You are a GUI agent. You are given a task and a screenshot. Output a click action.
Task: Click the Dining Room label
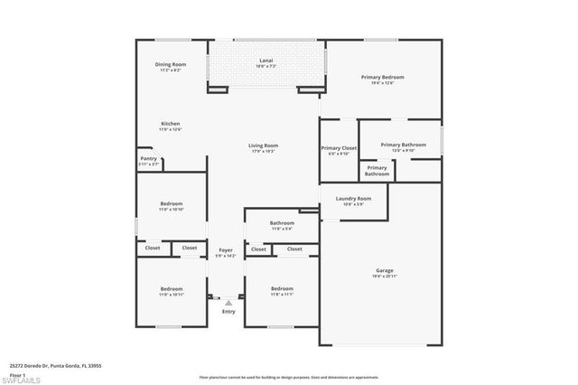pyautogui.click(x=171, y=64)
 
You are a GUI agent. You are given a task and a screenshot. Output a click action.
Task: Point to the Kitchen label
pyautogui.click(x=171, y=123)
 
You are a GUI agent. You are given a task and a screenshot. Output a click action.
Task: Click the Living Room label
pyautogui.click(x=264, y=146)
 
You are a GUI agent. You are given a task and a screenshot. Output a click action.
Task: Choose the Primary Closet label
pyautogui.click(x=339, y=147)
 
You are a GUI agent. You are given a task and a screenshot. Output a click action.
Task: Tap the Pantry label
pyautogui.click(x=148, y=158)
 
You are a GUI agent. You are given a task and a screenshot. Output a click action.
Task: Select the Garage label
pyautogui.click(x=385, y=270)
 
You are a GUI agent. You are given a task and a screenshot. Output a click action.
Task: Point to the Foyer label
pyautogui.click(x=226, y=249)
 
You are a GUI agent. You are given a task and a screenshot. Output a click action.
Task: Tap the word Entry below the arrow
pyautogui.click(x=228, y=312)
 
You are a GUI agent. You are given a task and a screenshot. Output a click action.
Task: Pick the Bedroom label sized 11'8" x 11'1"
pyautogui.click(x=282, y=288)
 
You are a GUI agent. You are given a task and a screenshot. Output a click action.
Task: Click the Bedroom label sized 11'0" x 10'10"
pyautogui.click(x=172, y=203)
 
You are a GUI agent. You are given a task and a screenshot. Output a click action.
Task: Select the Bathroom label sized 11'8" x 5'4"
pyautogui.click(x=282, y=222)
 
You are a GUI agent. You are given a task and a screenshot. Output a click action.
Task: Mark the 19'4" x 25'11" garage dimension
pyautogui.click(x=385, y=276)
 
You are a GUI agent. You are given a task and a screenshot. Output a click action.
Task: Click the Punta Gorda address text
pyautogui.click(x=55, y=366)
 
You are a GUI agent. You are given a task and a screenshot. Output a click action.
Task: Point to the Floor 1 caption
pyautogui.click(x=17, y=373)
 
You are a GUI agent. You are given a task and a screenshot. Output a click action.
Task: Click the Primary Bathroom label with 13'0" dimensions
pyautogui.click(x=403, y=145)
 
